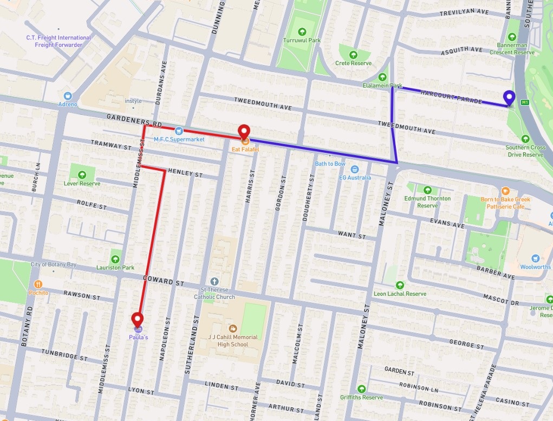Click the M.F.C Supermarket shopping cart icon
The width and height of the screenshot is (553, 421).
[x=178, y=130]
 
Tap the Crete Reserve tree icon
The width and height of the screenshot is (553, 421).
[x=353, y=54]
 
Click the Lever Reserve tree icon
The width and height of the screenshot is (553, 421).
[x=82, y=174]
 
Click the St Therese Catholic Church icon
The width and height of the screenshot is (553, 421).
[x=214, y=281]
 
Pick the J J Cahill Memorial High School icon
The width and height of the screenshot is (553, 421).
[x=232, y=328]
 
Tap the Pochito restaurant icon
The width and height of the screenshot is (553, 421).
[x=38, y=284]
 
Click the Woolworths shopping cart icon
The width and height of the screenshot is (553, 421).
[x=536, y=258]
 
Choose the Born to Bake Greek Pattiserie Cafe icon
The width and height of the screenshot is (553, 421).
[x=505, y=191]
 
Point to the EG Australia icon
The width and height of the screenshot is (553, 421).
[x=355, y=169]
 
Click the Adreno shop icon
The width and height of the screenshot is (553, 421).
[x=68, y=95]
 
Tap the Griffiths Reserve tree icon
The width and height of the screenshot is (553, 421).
[x=362, y=388]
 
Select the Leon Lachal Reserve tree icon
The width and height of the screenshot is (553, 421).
[x=400, y=285]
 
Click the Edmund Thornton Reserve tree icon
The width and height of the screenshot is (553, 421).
[x=427, y=190]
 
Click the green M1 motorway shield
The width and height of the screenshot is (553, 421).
[x=524, y=102]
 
